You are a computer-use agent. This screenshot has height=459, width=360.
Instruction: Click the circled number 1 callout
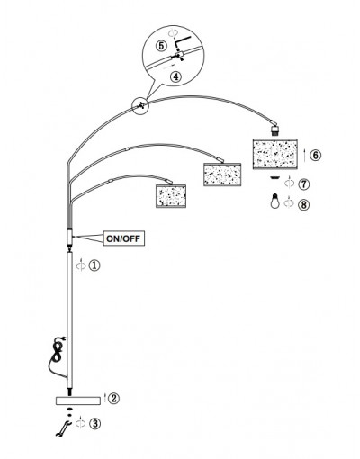(94, 265)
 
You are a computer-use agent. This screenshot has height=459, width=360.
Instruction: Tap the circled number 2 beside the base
(113, 399)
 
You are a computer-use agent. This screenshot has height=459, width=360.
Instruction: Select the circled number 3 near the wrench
(95, 424)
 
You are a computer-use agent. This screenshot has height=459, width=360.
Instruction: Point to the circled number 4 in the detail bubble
(175, 76)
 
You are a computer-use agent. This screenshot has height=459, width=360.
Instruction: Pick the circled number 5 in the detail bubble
(161, 46)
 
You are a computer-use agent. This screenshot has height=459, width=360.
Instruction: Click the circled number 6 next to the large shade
(315, 156)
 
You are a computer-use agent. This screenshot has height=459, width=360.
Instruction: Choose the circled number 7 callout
(304, 184)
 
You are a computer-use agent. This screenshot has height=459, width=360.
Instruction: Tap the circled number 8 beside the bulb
(303, 204)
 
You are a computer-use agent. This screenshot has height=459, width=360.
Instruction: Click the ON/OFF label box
(124, 238)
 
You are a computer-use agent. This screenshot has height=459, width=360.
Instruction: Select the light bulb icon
(275, 201)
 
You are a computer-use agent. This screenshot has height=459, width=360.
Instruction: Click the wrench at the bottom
(63, 428)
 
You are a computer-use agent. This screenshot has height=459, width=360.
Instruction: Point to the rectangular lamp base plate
(78, 400)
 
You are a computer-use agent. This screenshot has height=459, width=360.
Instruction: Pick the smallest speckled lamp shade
(171, 195)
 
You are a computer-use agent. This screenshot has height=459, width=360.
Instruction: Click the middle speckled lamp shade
(222, 175)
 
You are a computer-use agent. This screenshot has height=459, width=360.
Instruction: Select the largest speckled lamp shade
(275, 154)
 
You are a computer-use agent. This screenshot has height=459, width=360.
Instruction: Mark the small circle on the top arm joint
(140, 106)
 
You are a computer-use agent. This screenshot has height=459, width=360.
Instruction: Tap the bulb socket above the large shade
(274, 130)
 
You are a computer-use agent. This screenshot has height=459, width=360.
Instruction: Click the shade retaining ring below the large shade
(274, 177)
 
